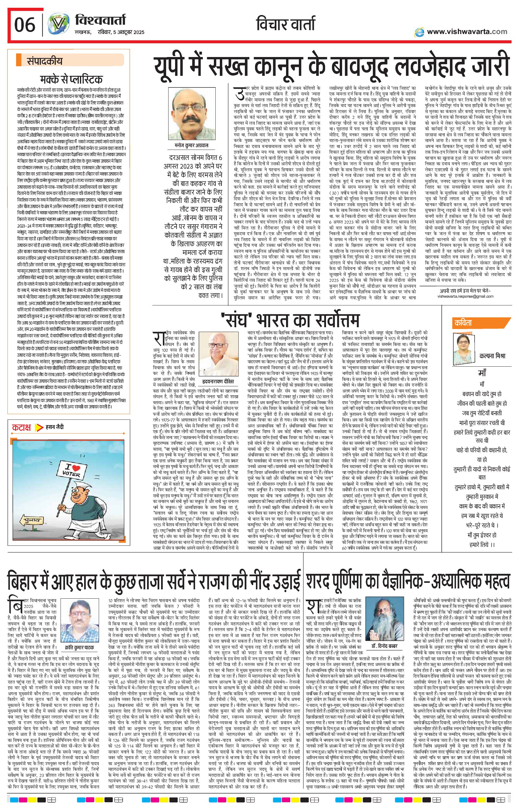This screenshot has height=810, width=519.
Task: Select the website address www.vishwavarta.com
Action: [x=467, y=32]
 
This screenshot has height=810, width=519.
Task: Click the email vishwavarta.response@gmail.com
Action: [x=465, y=296]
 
